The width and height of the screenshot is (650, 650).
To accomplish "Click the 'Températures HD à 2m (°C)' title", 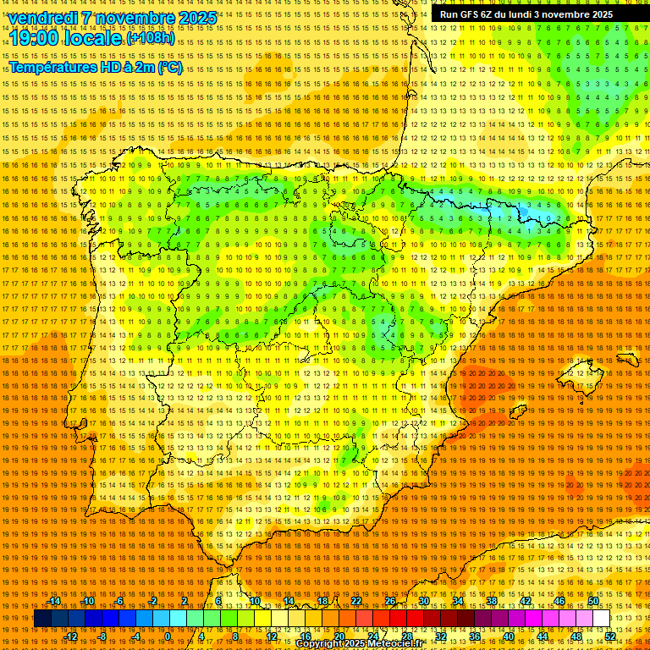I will [x=95, y=67].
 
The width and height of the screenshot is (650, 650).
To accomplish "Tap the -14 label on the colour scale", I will [x=55, y=601].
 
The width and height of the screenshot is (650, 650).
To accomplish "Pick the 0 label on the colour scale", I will [x=168, y=636].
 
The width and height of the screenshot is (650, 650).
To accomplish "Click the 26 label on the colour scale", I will [x=390, y=601].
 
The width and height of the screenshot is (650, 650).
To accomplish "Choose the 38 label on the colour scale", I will [x=492, y=601].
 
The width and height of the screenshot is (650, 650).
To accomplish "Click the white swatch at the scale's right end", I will [x=602, y=619].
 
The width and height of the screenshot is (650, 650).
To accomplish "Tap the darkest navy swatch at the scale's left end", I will [x=42, y=619].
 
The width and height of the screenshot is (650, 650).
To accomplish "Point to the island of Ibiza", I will [x=517, y=414].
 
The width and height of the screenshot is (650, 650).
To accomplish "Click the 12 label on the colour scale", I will [x=272, y=636].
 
